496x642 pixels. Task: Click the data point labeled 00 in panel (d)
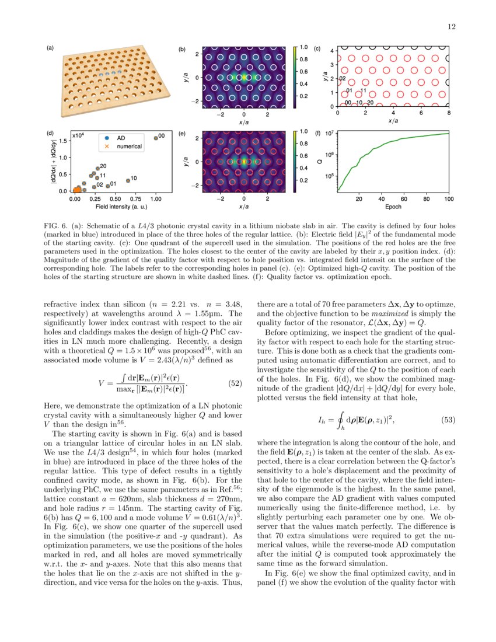[x=156, y=138]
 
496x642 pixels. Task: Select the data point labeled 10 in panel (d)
[x=128, y=181]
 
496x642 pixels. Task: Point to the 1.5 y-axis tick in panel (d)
[x=61, y=141]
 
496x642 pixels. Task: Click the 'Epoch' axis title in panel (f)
[x=393, y=207]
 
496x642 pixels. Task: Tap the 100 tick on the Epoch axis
[x=448, y=199]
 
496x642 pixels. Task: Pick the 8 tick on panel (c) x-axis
[x=448, y=113]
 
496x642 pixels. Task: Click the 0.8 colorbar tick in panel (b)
[x=303, y=59]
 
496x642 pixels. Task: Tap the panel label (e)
[x=181, y=134]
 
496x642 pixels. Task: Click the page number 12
[x=451, y=26]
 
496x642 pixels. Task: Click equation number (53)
[x=446, y=420]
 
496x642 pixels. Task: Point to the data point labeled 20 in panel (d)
[x=97, y=169]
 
